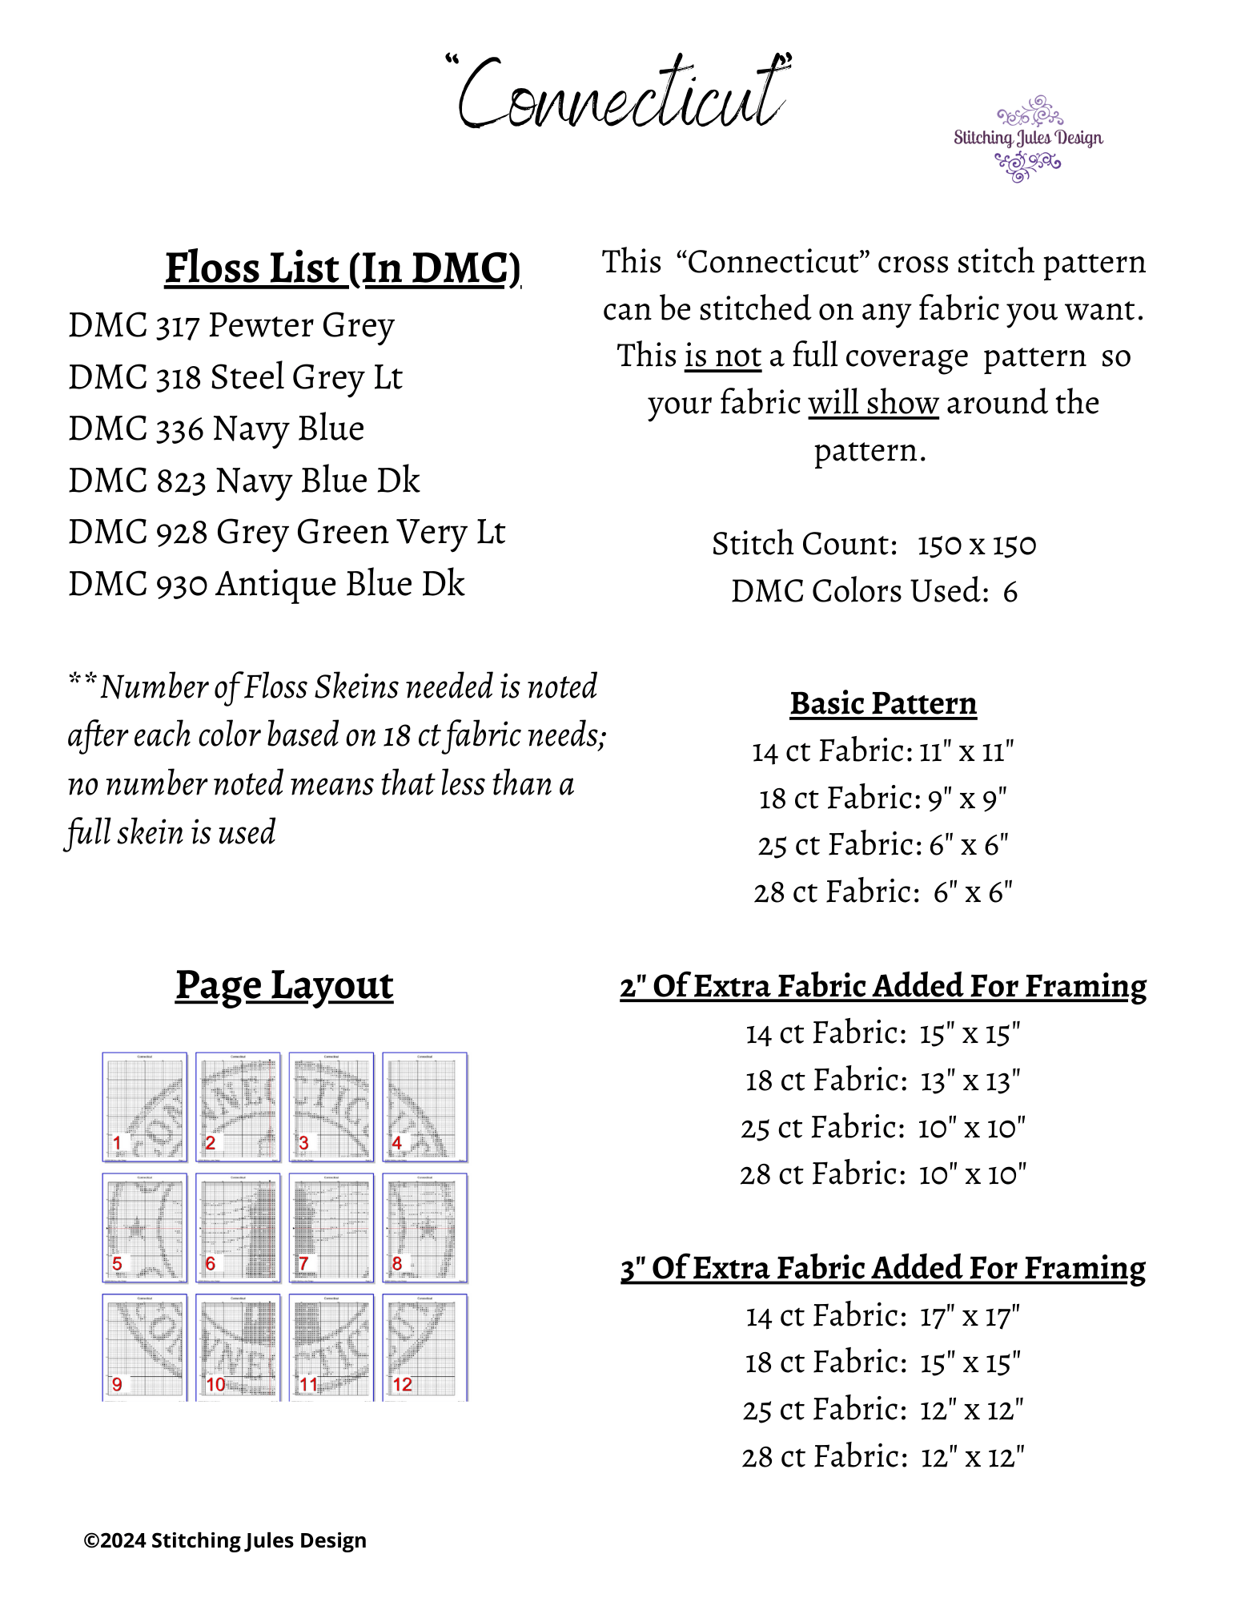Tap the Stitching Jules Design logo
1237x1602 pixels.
1027,139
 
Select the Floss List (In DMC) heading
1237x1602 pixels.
343,268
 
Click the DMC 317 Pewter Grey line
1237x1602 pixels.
231,326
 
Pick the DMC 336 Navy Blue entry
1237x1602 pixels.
216,429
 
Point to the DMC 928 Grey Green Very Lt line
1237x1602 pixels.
287,533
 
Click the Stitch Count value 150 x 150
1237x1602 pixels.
976,545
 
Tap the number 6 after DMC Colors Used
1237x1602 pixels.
1010,592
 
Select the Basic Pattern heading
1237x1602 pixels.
883,704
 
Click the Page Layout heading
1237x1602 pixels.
284,985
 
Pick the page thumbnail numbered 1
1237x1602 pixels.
145,1106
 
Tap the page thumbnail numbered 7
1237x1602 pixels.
331,1227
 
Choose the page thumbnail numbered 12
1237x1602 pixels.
424,1347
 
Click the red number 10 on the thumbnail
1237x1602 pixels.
216,1384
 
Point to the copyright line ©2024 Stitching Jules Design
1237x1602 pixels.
225,1540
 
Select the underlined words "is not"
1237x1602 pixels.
722,356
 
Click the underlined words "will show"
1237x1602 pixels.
873,403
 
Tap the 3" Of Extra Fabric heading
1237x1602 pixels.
882,1269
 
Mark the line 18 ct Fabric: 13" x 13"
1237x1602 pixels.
882,1081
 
